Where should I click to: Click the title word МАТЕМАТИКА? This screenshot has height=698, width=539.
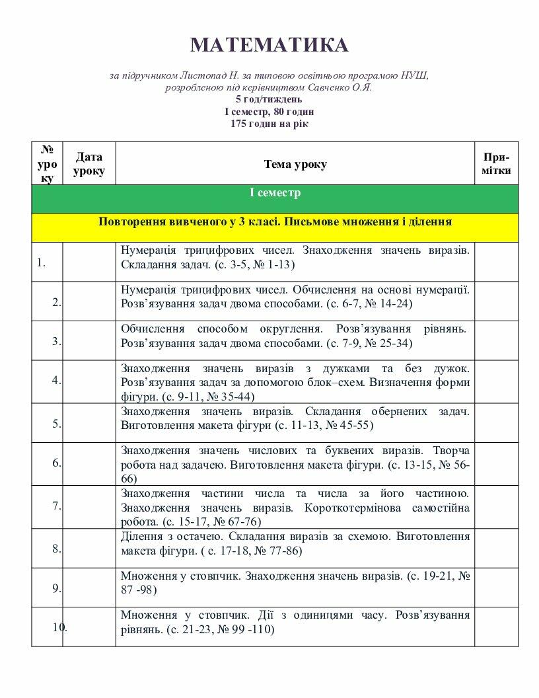coord(269,45)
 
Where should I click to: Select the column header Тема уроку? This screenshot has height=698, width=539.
coord(295,165)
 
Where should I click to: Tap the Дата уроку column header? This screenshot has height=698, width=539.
coord(89,164)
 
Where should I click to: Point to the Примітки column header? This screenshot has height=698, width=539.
coord(495,164)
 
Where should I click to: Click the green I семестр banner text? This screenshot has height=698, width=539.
coord(274,194)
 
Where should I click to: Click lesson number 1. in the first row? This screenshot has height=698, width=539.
coord(41,262)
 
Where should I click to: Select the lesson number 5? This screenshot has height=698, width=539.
coord(57,424)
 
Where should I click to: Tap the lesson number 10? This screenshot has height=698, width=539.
coord(59,627)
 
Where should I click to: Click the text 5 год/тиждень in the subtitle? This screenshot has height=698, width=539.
coord(269,100)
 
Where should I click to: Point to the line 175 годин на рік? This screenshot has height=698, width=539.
coord(269,124)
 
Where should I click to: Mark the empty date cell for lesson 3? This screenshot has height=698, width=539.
coord(89,340)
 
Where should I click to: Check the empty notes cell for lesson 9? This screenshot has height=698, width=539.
coord(495,587)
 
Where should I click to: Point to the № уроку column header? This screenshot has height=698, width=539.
coord(47,164)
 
